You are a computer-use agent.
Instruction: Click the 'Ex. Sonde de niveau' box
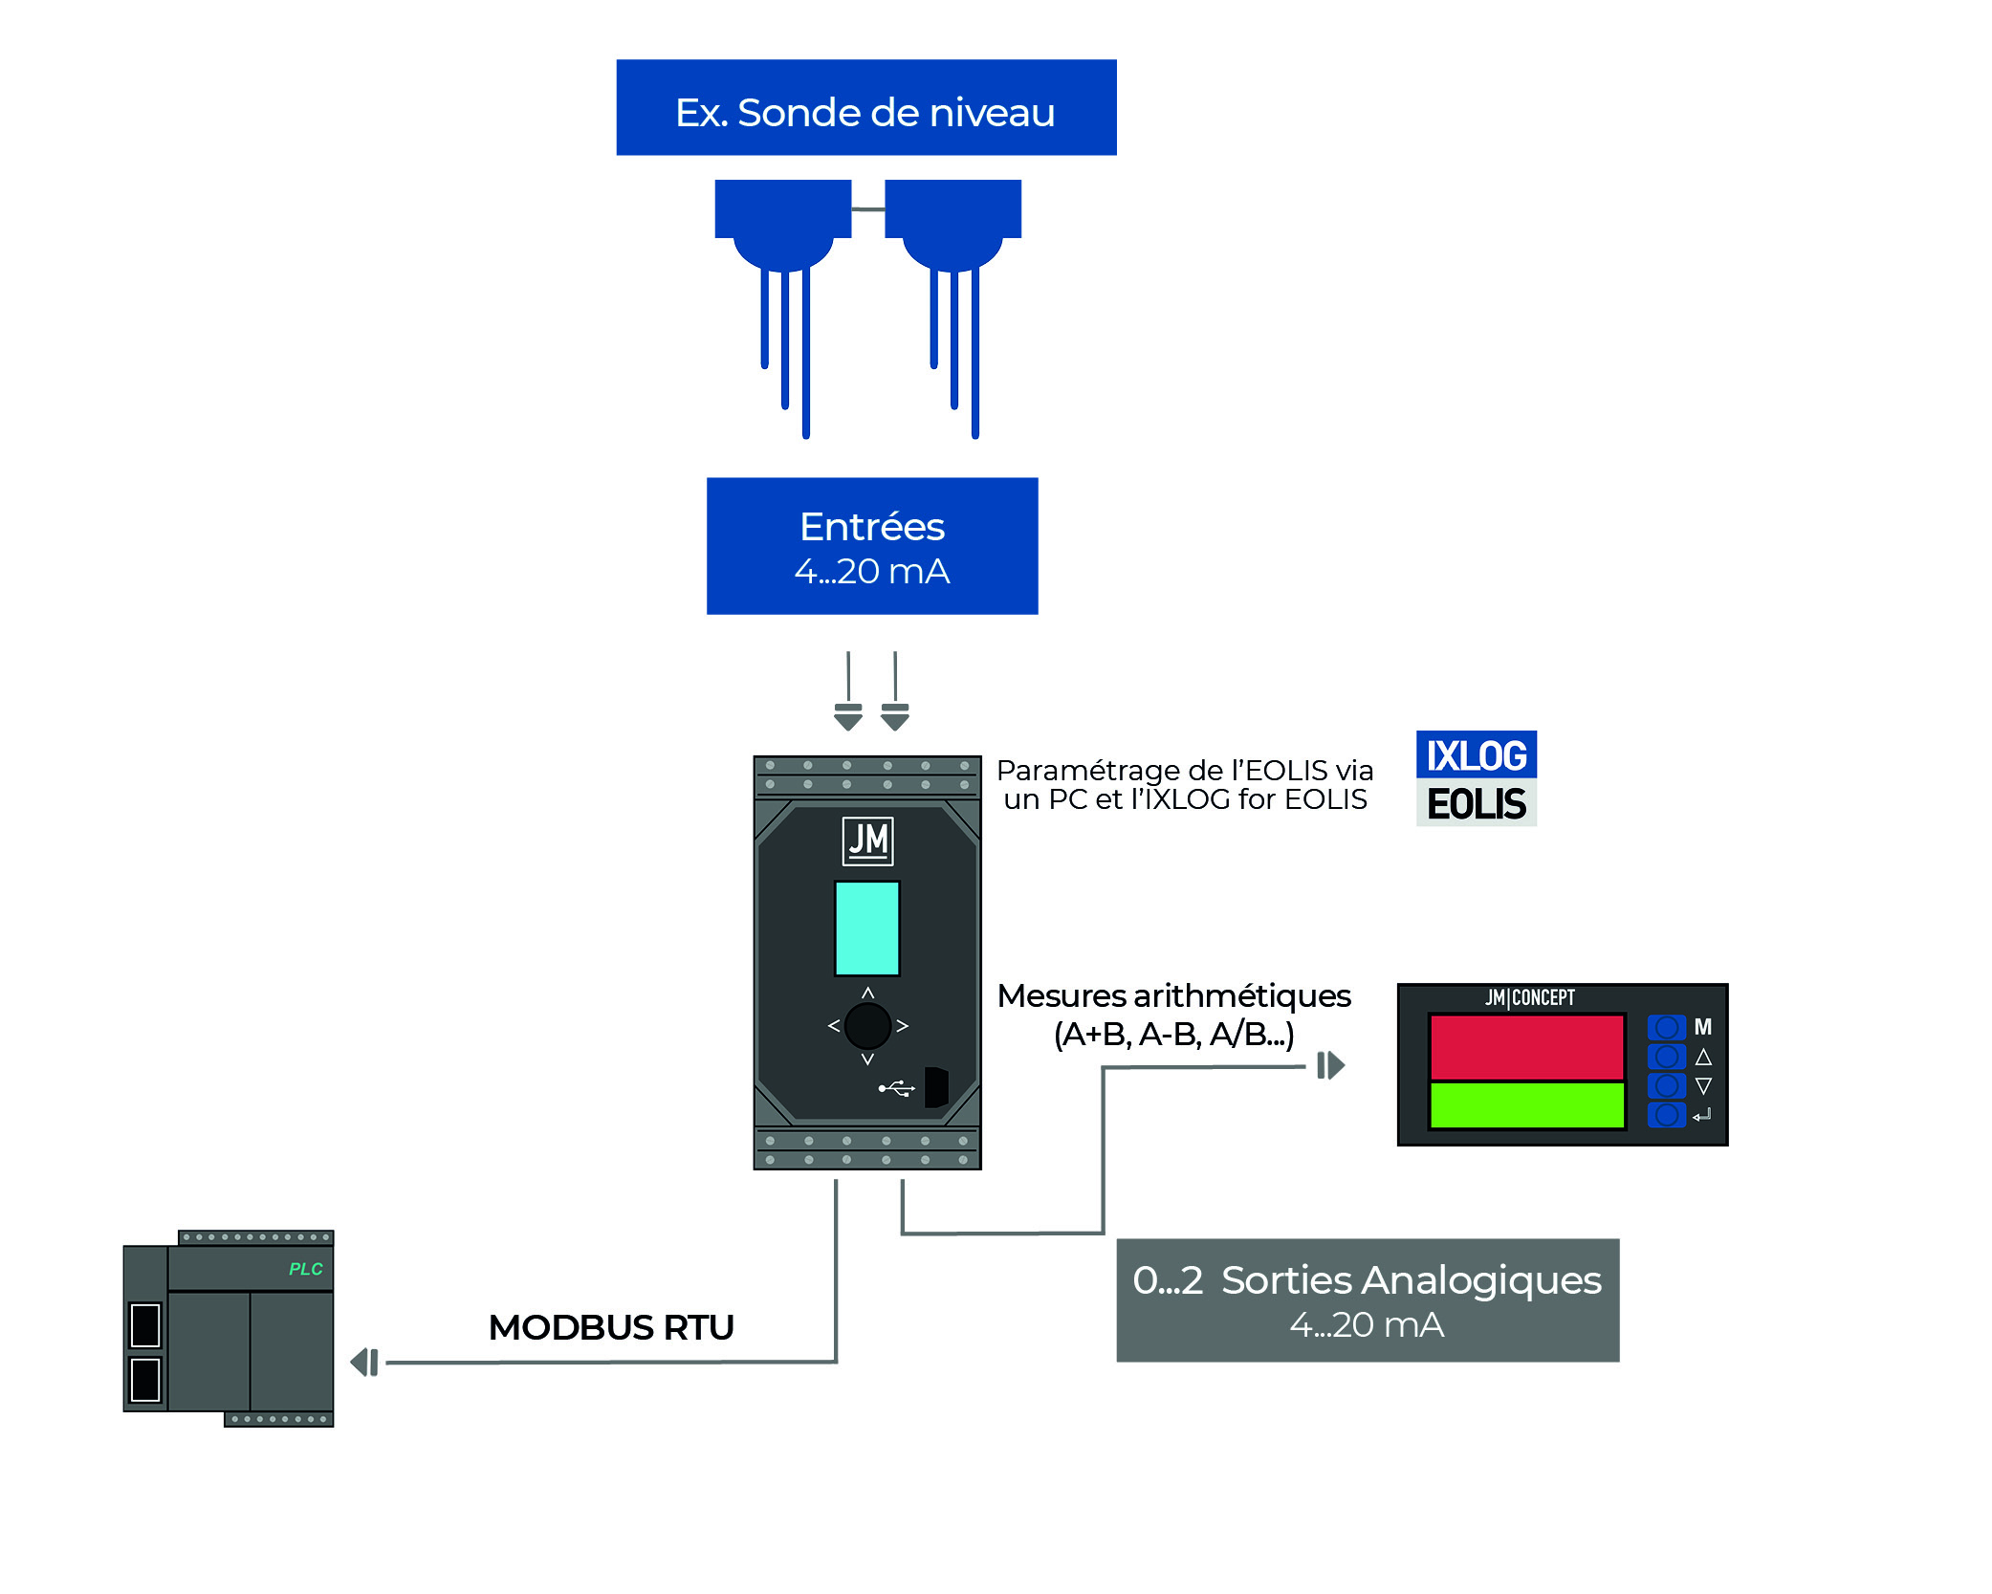point(865,108)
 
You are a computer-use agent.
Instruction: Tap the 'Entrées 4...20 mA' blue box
point(871,546)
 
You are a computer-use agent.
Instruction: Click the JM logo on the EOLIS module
point(867,841)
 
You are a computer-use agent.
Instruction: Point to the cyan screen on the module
point(867,928)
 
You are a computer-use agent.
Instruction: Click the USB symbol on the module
point(897,1088)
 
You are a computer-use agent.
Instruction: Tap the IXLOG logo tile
point(1476,755)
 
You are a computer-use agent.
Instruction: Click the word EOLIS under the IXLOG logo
point(1476,804)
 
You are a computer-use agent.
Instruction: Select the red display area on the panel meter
point(1526,1047)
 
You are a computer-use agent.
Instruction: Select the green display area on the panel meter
point(1526,1105)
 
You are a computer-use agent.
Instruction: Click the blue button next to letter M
point(1666,1028)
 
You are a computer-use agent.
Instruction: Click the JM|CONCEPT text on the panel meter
point(1529,998)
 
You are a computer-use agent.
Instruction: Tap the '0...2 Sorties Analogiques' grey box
point(1368,1300)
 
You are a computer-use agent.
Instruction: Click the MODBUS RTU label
point(611,1327)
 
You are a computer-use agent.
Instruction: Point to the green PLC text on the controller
point(306,1269)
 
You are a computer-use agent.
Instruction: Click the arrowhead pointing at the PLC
point(364,1363)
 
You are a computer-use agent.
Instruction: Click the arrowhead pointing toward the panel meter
point(1331,1065)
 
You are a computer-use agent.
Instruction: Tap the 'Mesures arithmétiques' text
point(1173,996)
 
